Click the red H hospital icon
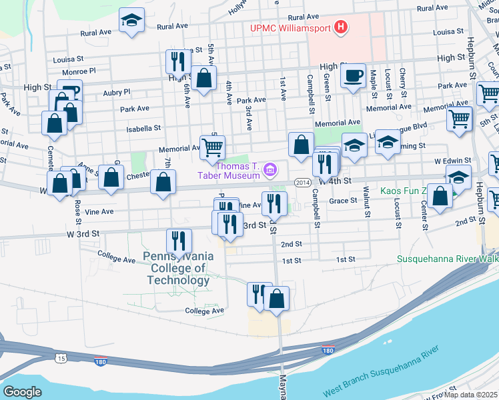[x=341, y=27]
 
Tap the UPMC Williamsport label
[x=290, y=28]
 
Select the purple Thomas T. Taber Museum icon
[x=270, y=170]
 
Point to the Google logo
[x=23, y=392]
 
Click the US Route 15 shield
[x=62, y=359]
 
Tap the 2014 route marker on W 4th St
[x=302, y=182]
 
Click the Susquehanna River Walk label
[x=447, y=259]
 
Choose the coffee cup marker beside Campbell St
[x=353, y=75]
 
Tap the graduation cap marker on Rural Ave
[x=132, y=20]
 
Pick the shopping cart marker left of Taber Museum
[x=213, y=147]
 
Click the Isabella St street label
[x=143, y=127]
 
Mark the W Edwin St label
[x=453, y=161]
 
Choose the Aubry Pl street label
[x=117, y=92]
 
